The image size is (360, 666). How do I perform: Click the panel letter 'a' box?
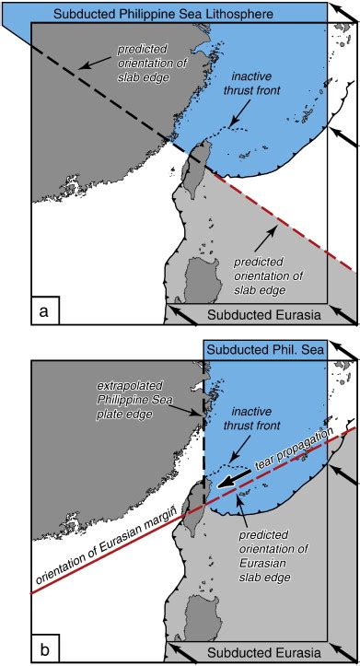pos(44,312)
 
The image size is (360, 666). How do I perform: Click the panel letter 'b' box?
pos(44,648)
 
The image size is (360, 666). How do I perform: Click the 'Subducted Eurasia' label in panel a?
pos(263,315)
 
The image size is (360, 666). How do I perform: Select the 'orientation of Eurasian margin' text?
pos(120,553)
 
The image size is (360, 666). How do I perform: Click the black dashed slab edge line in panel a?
pos(101,91)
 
